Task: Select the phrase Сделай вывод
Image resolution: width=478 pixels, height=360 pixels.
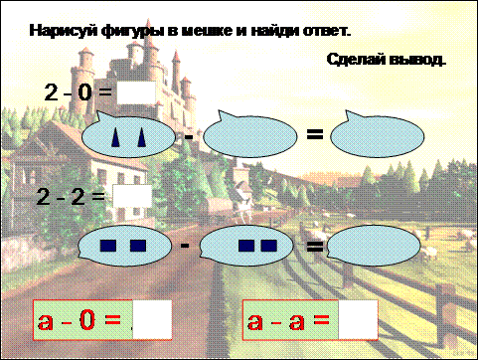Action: (x=387, y=60)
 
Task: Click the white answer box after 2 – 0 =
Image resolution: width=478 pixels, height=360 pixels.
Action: (x=136, y=92)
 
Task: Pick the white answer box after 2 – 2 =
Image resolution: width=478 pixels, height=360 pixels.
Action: (x=132, y=196)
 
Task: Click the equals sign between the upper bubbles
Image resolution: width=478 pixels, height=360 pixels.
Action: (x=315, y=134)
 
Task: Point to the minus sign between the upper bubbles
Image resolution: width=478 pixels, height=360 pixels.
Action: (x=188, y=136)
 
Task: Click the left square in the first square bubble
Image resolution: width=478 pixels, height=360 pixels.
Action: (x=108, y=246)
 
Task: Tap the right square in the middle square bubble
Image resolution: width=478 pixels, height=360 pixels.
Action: (x=268, y=246)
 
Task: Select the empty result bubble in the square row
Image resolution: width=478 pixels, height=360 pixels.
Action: (x=374, y=246)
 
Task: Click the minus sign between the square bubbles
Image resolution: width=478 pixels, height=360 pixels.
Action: (x=185, y=246)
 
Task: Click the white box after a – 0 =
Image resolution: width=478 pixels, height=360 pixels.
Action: (x=152, y=319)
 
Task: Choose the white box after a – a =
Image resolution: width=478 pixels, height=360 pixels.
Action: (x=358, y=320)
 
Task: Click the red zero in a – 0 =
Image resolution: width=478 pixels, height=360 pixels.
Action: (x=87, y=320)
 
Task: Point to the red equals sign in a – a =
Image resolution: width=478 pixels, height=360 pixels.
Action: (x=320, y=319)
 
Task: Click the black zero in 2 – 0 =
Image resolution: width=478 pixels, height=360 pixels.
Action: (x=84, y=92)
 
